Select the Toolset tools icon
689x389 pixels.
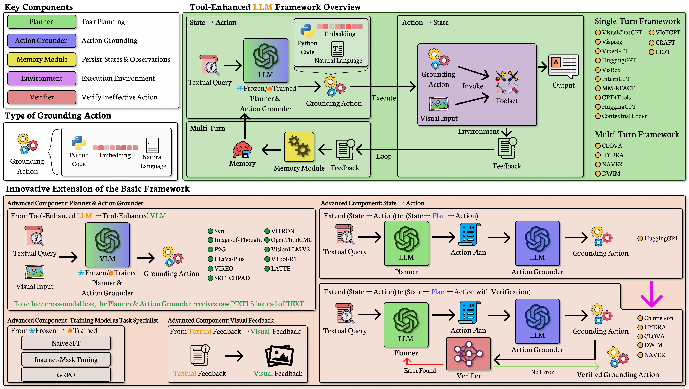[507, 82]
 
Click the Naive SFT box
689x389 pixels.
[66, 343]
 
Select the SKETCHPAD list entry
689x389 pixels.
[229, 278]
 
